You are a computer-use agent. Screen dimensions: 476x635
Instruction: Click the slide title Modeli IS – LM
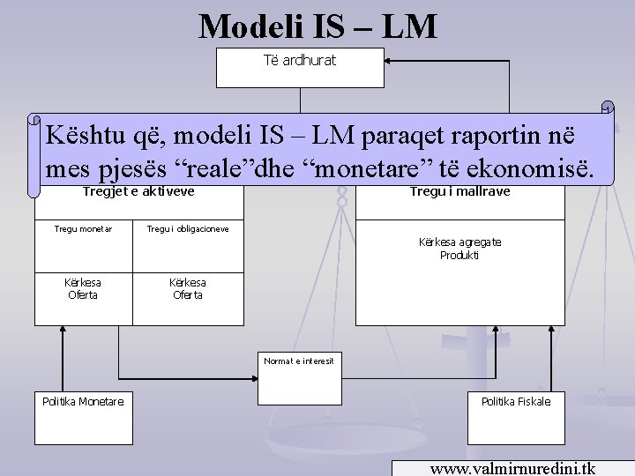[x=317, y=26]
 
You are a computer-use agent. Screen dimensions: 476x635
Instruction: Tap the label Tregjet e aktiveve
[x=138, y=191]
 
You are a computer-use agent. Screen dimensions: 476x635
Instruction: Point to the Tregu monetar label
[x=83, y=228]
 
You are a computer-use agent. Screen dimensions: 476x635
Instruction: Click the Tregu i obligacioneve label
[x=188, y=228]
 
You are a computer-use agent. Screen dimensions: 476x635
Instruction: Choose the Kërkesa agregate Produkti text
[x=459, y=248]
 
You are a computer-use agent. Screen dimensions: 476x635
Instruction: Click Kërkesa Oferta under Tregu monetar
[x=83, y=288]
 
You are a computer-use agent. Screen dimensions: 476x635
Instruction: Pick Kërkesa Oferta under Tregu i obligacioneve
[x=188, y=288]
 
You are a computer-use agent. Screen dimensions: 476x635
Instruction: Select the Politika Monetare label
[x=83, y=401]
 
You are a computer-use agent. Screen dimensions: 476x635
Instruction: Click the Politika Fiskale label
[x=515, y=401]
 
